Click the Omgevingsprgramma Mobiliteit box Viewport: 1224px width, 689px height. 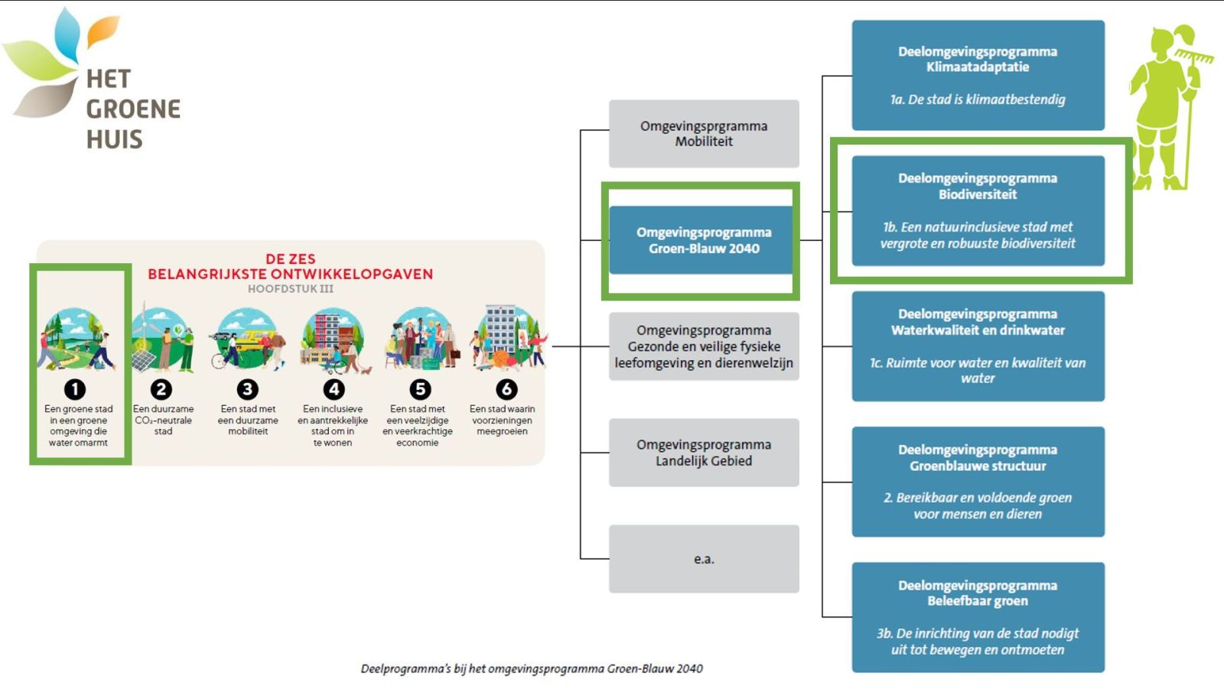[704, 134]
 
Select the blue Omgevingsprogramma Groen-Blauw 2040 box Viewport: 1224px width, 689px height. [704, 240]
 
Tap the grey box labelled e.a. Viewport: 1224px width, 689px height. [704, 559]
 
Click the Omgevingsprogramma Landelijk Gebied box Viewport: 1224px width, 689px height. [704, 453]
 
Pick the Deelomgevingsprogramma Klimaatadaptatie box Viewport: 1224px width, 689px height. [978, 75]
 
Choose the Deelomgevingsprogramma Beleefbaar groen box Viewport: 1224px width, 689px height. [978, 617]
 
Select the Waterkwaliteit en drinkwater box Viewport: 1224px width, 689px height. [978, 346]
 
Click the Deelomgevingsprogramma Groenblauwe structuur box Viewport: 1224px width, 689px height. [978, 482]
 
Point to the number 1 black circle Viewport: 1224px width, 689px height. [75, 390]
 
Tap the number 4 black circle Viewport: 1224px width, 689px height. [334, 390]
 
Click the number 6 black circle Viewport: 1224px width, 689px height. [506, 390]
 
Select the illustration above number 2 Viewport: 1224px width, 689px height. [161, 340]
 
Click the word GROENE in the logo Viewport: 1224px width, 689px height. [133, 109]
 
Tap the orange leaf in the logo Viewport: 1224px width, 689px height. [103, 31]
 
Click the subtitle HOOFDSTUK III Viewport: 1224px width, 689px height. [291, 289]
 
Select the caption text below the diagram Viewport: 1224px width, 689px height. [531, 668]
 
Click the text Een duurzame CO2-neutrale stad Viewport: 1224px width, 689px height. [163, 420]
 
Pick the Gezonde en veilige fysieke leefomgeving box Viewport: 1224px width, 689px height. [704, 346]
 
